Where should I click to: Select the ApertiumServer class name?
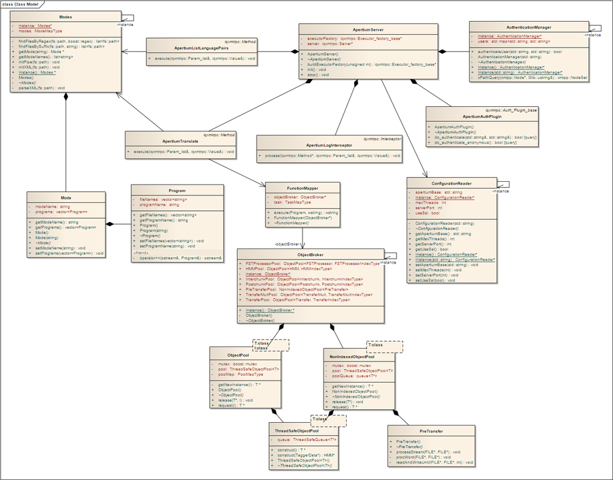[x=349, y=31]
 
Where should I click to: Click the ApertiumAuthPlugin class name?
[x=482, y=116]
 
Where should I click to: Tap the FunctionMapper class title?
[x=303, y=187]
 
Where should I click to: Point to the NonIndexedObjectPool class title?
[x=352, y=356]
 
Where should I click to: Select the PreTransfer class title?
[x=432, y=432]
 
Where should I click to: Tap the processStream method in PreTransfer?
[x=428, y=451]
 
